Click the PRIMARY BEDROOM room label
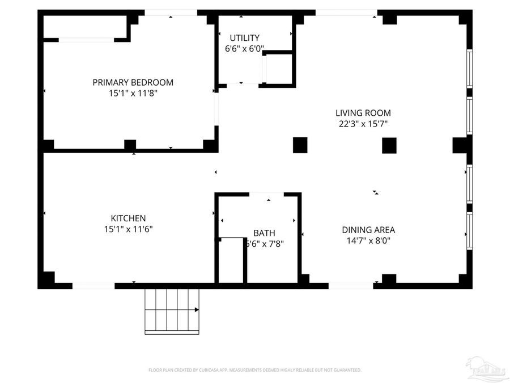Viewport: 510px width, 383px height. point(133,82)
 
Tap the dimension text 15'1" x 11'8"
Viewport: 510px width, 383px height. point(133,93)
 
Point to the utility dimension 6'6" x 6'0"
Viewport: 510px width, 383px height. point(244,49)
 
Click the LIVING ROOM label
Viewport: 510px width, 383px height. point(363,113)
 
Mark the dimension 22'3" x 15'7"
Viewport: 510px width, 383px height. point(363,124)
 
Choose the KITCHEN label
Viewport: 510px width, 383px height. point(128,218)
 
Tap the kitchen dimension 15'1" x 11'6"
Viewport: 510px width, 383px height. point(128,229)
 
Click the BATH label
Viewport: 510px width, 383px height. point(264,233)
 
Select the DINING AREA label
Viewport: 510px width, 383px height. point(368,230)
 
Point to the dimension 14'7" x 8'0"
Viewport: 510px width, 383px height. point(368,241)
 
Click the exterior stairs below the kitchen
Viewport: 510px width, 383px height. point(172,310)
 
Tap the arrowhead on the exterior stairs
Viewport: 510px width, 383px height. point(197,310)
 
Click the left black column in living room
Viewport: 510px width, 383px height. point(300,145)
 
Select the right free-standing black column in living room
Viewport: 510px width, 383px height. point(389,146)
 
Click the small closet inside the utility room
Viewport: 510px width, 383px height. point(279,69)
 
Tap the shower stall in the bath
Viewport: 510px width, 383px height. point(231,260)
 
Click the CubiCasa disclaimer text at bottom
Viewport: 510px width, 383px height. point(255,370)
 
